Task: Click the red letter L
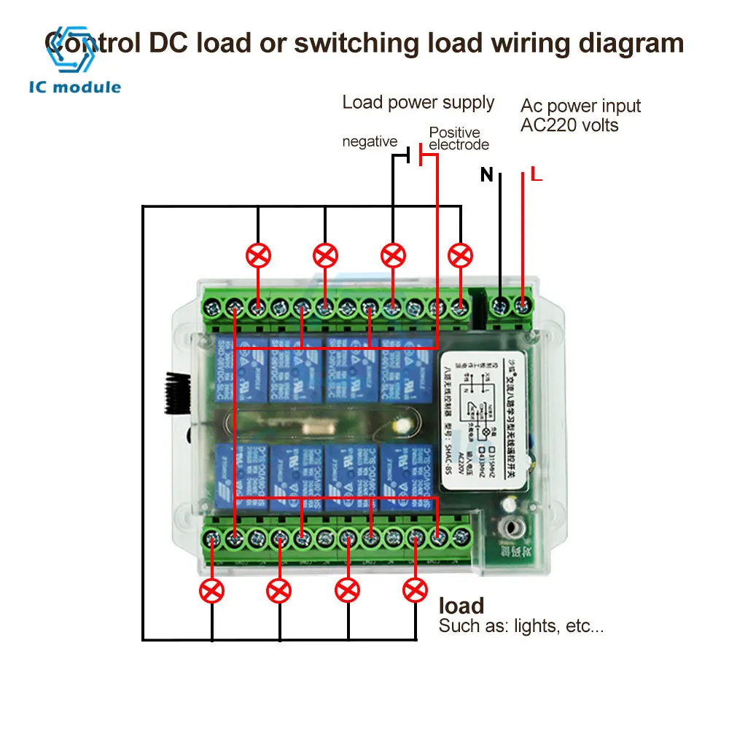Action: (536, 175)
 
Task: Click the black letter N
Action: (487, 175)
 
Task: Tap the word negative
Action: (370, 141)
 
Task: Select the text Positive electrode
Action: (458, 139)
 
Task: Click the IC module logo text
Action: (75, 87)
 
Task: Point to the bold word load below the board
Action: (461, 606)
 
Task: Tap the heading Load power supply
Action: (418, 103)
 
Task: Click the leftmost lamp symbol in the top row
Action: (258, 255)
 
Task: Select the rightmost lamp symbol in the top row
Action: (460, 255)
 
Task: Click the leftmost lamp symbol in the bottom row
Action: (212, 589)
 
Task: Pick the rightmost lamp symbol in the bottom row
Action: (416, 589)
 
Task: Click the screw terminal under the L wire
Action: (523, 303)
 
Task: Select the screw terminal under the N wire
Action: (500, 303)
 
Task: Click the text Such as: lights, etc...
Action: (521, 625)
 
